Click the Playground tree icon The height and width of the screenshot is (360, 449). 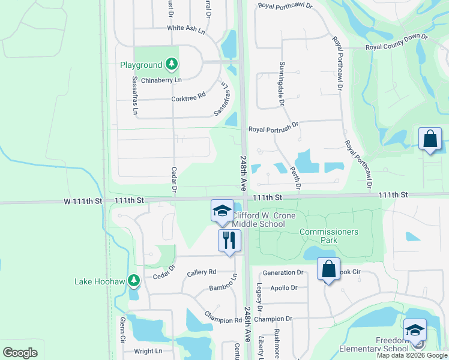(x=172, y=64)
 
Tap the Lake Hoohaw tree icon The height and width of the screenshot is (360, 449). (x=133, y=280)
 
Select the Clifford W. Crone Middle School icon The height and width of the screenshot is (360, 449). (x=222, y=211)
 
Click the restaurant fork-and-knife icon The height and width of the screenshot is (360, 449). (x=229, y=241)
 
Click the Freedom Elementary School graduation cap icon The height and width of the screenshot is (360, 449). (x=415, y=329)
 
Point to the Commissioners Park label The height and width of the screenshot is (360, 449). (x=328, y=236)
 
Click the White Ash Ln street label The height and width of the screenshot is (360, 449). (x=187, y=28)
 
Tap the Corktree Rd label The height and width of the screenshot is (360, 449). (x=188, y=95)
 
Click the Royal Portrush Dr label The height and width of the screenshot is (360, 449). (x=273, y=128)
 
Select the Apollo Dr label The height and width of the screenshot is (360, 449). (x=285, y=287)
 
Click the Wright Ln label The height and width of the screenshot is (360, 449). (x=148, y=351)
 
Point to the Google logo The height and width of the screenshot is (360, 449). (x=20, y=353)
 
